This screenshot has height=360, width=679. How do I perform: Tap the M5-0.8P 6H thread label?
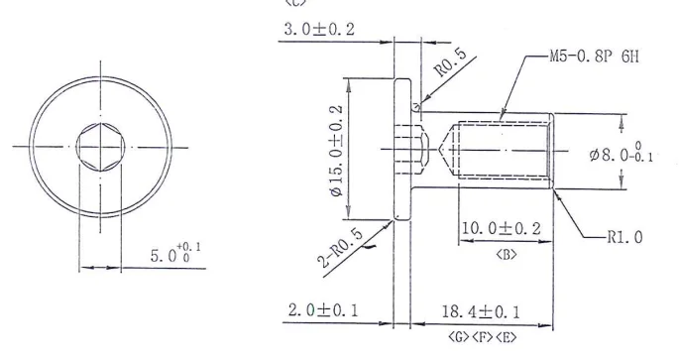click(x=594, y=57)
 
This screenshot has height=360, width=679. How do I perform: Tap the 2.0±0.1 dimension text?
click(x=323, y=310)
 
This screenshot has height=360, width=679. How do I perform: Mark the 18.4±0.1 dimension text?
click(x=482, y=310)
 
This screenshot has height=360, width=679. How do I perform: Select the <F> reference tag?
click(x=482, y=336)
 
